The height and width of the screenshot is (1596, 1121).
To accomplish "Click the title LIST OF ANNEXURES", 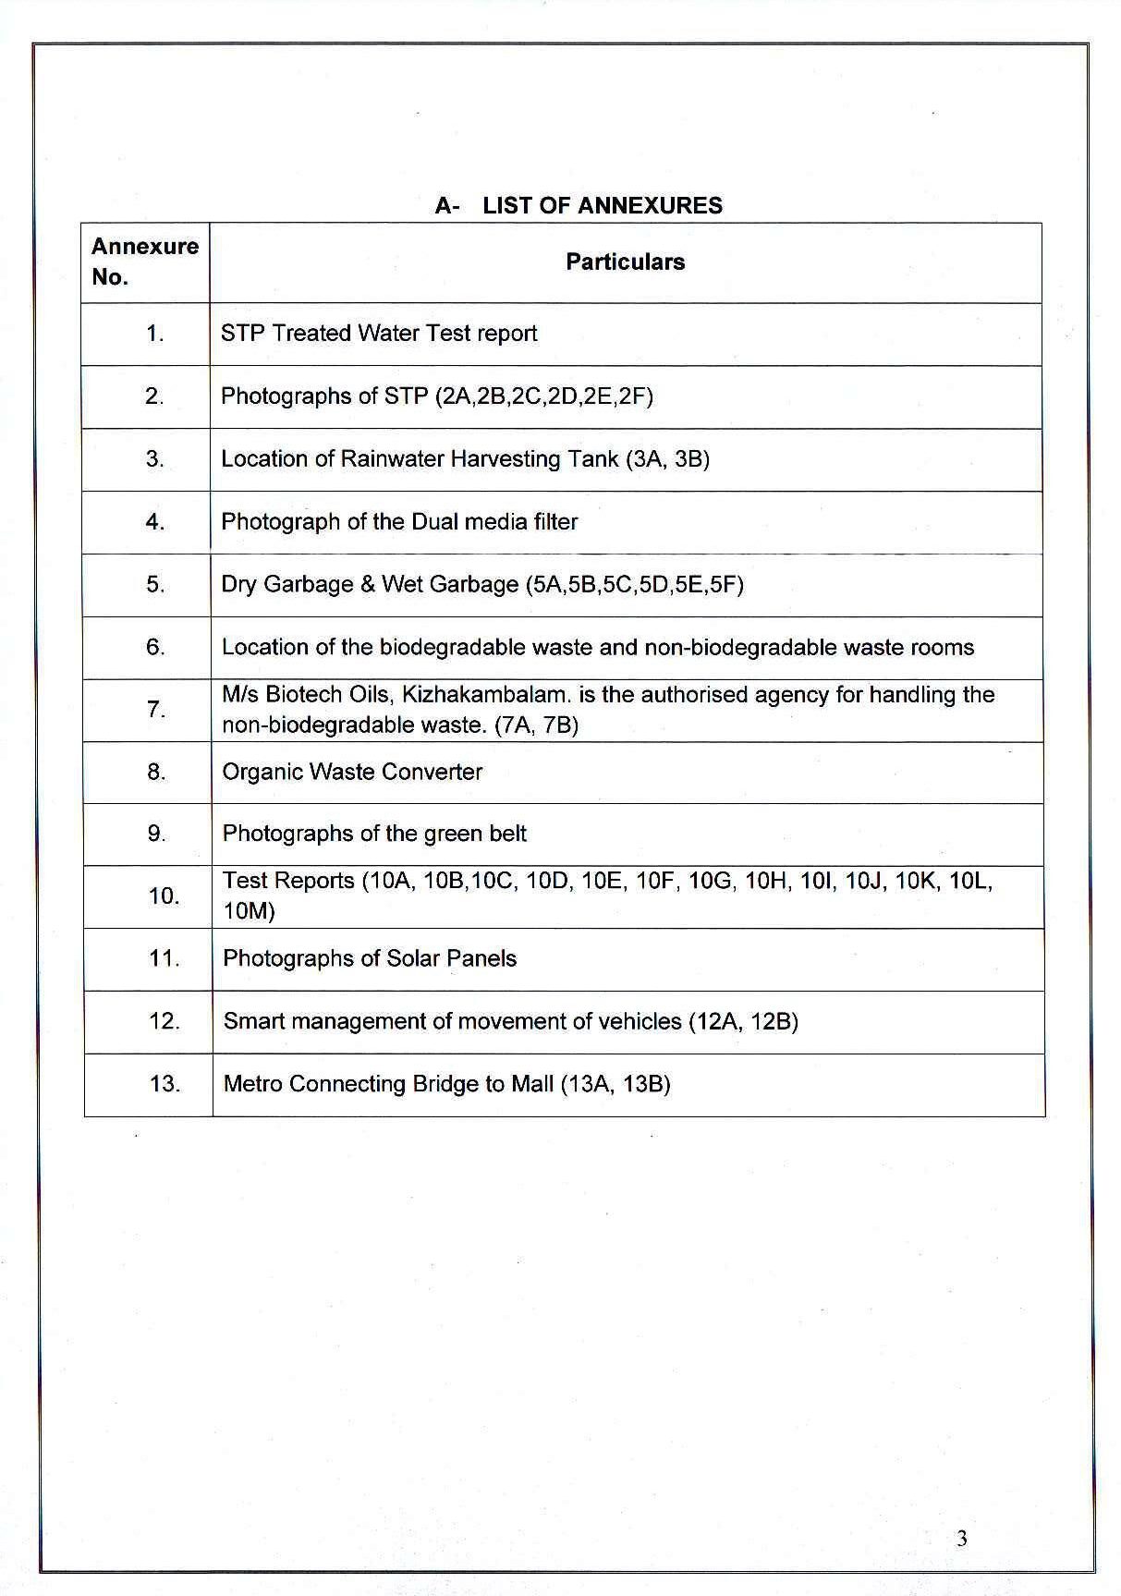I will click(602, 205).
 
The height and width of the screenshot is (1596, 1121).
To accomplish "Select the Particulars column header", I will click(625, 262).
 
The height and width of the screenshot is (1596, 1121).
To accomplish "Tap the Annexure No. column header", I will click(144, 262).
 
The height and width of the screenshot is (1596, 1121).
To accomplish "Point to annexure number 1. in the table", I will click(154, 334).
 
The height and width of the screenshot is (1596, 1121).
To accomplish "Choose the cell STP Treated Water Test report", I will click(378, 334).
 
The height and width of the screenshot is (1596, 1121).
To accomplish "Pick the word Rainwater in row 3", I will click(387, 459).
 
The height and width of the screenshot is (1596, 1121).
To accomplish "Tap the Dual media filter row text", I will click(398, 522).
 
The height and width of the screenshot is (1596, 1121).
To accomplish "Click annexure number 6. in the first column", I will click(155, 647).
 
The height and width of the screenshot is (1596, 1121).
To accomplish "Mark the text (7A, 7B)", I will click(537, 725).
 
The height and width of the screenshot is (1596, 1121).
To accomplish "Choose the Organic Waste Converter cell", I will click(352, 773).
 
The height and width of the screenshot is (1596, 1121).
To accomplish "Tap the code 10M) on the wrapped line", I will click(249, 912).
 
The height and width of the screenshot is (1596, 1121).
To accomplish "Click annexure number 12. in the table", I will click(164, 1021).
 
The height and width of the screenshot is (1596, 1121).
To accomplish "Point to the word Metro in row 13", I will click(252, 1084).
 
